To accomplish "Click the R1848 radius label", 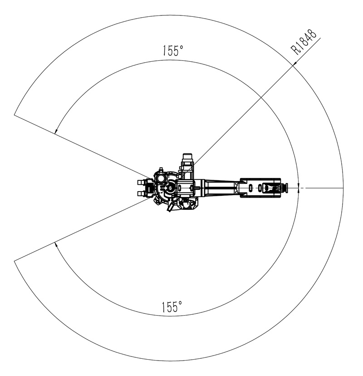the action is (x=304, y=42).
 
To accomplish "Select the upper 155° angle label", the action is (x=173, y=50).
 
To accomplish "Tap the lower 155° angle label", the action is (x=172, y=307).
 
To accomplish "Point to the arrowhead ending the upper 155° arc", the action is (x=56, y=130).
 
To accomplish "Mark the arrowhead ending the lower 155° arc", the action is (x=56, y=245).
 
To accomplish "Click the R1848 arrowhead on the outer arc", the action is (x=294, y=63).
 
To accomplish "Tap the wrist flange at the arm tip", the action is (x=284, y=188).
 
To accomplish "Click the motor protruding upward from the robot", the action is (x=187, y=165).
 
